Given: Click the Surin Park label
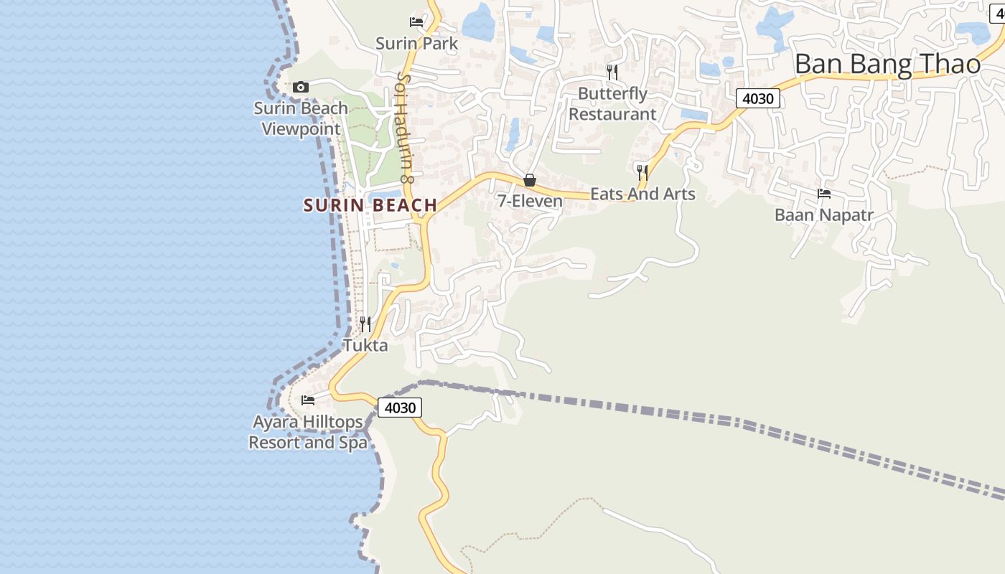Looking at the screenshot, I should (x=416, y=44).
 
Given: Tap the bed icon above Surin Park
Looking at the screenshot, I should (x=416, y=22).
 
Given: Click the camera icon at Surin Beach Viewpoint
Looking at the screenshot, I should (x=301, y=87).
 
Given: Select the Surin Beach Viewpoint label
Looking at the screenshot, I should (x=301, y=118).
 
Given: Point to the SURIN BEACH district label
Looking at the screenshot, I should (x=370, y=205).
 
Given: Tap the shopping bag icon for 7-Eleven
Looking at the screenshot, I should (x=530, y=179).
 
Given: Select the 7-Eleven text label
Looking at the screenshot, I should (x=530, y=201).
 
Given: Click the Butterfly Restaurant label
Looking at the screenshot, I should (x=612, y=104).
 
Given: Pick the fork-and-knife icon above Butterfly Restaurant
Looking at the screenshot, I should (x=612, y=72).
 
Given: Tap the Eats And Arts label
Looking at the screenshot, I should (x=642, y=194).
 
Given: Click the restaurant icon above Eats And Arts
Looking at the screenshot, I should (x=642, y=172).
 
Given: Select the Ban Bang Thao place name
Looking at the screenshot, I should (x=887, y=65).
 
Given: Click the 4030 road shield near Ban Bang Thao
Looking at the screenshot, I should (x=758, y=98).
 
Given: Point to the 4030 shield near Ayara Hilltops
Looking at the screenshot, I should (x=400, y=408).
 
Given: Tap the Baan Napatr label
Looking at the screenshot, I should (x=823, y=215).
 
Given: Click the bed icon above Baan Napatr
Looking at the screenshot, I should (x=824, y=193).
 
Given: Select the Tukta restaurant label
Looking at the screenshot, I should (x=365, y=345).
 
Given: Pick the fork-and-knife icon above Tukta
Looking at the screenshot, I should (x=365, y=324).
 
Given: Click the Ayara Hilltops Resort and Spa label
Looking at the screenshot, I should (x=308, y=432).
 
